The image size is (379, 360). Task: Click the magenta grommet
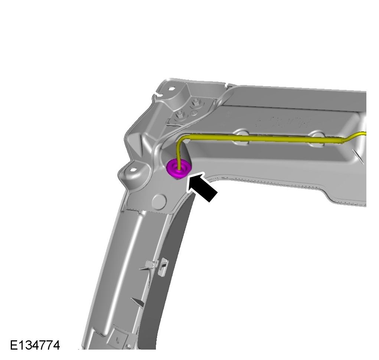179,168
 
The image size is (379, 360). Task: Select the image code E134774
35,345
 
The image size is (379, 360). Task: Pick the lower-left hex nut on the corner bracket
180,115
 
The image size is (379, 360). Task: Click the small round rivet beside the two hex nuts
194,113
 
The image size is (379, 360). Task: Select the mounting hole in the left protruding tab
132,170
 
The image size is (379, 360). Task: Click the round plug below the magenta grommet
160,200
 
